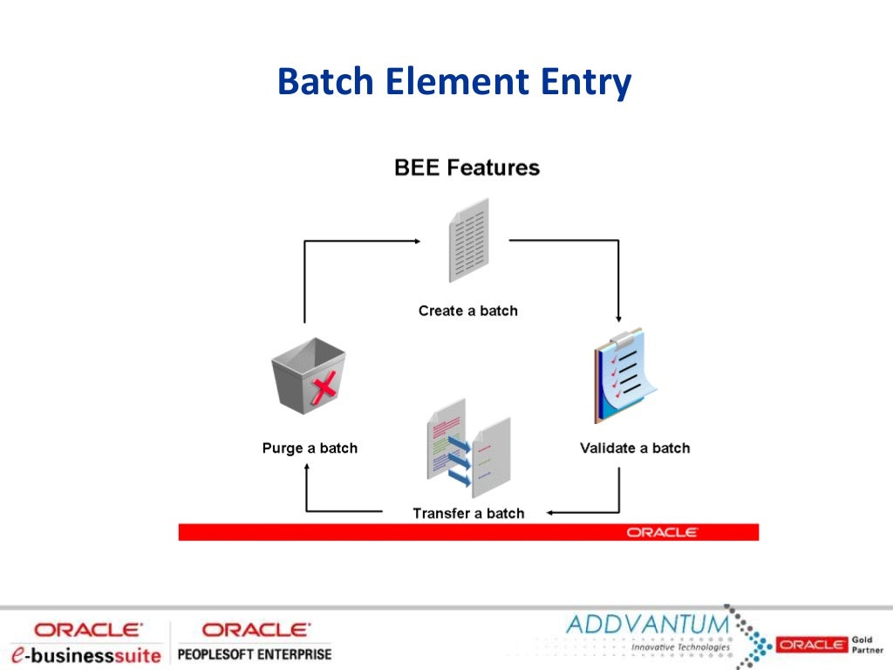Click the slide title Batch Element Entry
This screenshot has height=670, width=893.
click(453, 83)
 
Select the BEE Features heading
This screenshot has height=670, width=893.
click(467, 167)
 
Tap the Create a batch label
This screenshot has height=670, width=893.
click(467, 311)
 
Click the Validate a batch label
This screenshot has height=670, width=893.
click(634, 448)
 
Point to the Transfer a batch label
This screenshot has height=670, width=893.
click(468, 513)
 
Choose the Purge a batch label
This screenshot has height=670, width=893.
click(310, 448)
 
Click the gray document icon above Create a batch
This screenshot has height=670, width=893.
click(468, 240)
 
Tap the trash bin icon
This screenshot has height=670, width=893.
click(308, 376)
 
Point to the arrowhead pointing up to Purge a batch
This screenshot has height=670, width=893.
click(307, 467)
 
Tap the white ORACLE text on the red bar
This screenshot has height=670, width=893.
click(662, 532)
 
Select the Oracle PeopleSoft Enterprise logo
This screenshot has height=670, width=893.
click(254, 642)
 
